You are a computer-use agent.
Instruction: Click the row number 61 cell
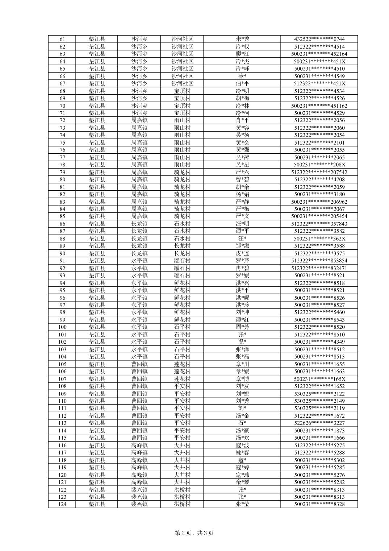(62, 39)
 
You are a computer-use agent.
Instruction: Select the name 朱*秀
(242, 39)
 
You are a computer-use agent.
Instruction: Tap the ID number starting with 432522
(319, 39)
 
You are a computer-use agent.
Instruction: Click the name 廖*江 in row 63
(242, 54)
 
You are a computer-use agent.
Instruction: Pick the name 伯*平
(242, 84)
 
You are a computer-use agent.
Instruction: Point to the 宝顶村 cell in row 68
(182, 91)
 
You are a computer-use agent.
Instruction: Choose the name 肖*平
(242, 120)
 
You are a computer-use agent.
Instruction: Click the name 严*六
(242, 172)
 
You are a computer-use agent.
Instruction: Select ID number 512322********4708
(319, 179)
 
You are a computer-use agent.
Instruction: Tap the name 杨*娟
(242, 194)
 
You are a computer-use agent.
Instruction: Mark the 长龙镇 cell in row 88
(139, 239)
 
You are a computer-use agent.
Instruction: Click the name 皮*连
(242, 253)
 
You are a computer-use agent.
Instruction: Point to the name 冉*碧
(242, 268)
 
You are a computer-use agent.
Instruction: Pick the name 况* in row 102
(242, 342)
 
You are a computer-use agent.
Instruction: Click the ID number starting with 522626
(319, 423)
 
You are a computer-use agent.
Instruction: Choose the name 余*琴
(242, 482)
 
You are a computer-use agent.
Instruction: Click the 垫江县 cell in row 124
(97, 504)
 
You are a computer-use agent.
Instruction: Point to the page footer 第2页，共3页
(194, 533)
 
